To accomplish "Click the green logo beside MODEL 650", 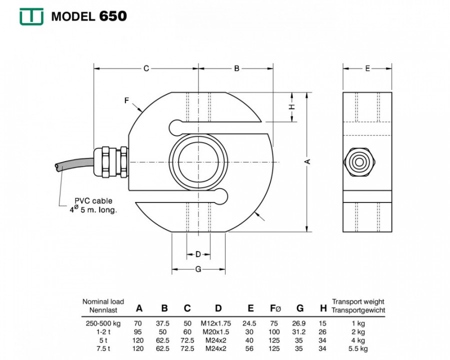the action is (x=31, y=16).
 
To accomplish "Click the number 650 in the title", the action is (x=113, y=16).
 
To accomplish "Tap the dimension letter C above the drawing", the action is (x=146, y=68).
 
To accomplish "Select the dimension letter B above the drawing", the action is (x=236, y=68).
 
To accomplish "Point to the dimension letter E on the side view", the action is (x=367, y=68).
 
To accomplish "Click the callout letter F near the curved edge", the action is (x=126, y=100).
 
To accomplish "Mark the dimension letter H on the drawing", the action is (x=291, y=107).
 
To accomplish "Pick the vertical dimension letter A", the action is (x=307, y=161).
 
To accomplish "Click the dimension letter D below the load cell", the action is (x=198, y=254).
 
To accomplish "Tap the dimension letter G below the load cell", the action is (x=198, y=269).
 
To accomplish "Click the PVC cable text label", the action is (x=93, y=205).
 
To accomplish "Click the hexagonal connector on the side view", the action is (x=359, y=162).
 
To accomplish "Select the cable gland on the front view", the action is (x=111, y=162).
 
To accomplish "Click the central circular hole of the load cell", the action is (x=198, y=162).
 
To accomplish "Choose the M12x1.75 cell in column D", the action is (x=215, y=323).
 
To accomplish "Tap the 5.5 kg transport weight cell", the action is (x=358, y=349).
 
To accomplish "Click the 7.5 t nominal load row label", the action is (x=103, y=349).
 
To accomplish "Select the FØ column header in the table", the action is (x=275, y=308).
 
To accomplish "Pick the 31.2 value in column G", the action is (x=299, y=332).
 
